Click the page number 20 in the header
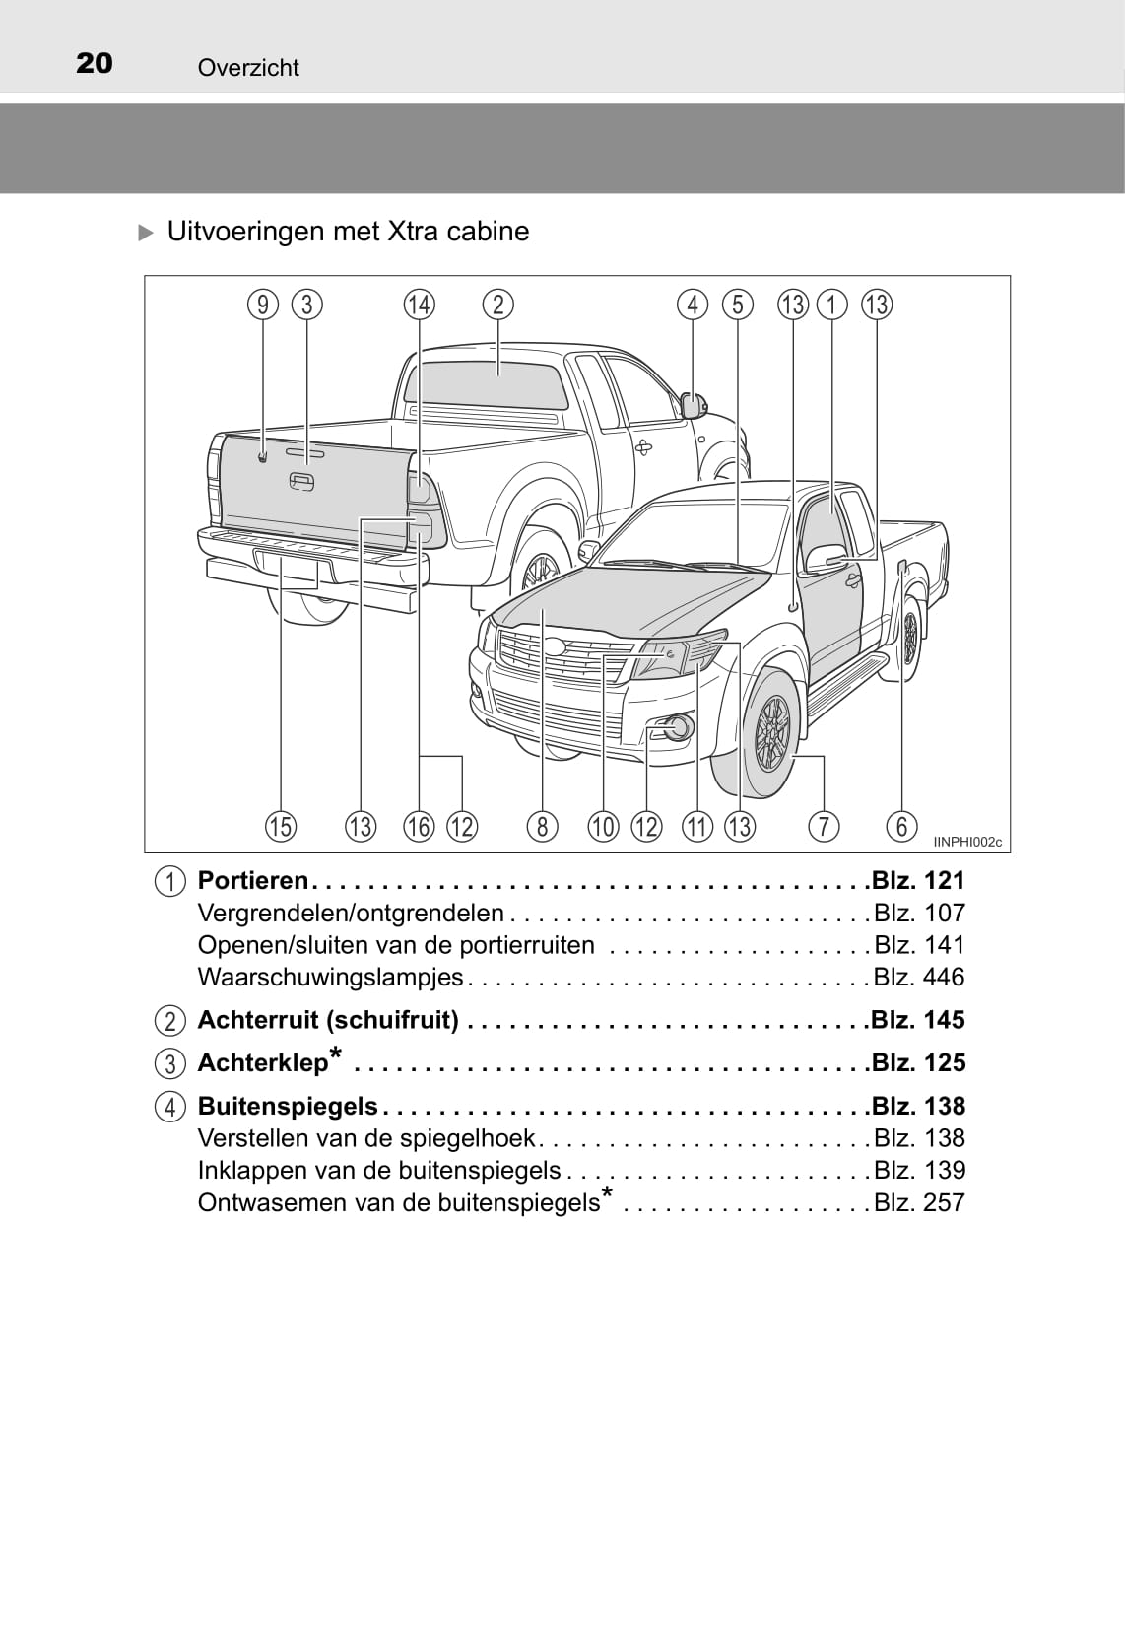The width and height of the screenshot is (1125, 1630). point(95,64)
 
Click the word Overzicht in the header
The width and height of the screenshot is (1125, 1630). point(248,68)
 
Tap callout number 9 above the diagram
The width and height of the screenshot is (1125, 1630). point(263,305)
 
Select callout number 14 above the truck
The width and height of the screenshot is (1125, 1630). point(419,305)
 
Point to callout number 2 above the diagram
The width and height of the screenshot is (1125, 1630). point(498,305)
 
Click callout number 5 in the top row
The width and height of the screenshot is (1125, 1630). point(738,305)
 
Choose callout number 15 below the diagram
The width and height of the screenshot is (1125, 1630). point(281,826)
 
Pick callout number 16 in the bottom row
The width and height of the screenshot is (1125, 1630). point(419,826)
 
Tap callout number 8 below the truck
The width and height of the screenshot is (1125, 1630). point(542,826)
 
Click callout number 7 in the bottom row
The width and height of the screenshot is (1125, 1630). point(823,826)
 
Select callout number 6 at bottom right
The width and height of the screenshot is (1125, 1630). point(901,826)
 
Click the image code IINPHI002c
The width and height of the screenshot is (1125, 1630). point(967,842)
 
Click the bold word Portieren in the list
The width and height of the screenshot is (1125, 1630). point(253,880)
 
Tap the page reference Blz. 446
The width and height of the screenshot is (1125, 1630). point(919,977)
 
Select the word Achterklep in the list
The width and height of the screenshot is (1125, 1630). point(263,1063)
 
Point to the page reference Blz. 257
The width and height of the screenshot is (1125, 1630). point(919,1202)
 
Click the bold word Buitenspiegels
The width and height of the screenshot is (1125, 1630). point(288,1106)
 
